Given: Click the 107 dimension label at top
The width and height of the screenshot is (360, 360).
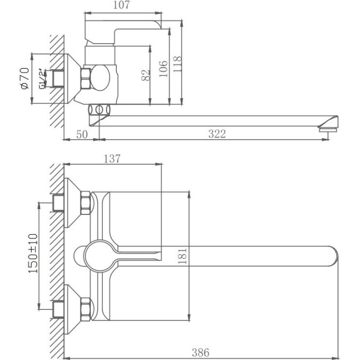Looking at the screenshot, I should [x=123, y=6].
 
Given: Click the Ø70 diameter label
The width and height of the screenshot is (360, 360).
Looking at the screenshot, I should [x=24, y=78].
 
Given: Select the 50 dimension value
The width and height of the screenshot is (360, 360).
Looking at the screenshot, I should [x=82, y=134].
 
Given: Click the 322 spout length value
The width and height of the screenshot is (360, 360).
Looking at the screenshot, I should [x=217, y=134].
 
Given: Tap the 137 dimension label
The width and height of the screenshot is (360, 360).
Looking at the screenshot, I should [x=112, y=158].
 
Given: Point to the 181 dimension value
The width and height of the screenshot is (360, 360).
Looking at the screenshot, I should [x=183, y=256].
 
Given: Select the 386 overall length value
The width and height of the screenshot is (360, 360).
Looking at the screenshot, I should [x=201, y=352].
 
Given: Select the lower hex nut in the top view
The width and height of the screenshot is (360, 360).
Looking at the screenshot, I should [x=85, y=308].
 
